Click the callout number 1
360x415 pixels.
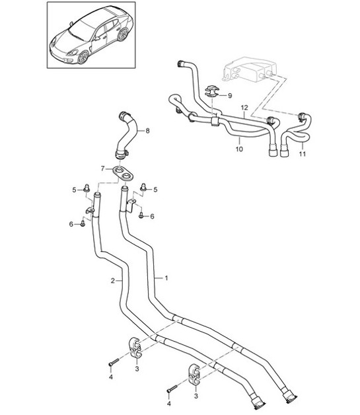pos(166,278)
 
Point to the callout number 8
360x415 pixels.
pos(147,131)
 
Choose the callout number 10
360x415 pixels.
pos(238,149)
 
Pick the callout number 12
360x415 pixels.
pos(244,107)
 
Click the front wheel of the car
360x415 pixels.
pos(84,57)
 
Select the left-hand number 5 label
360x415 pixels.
pos(75,190)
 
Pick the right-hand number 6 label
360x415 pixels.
pos(153,216)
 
